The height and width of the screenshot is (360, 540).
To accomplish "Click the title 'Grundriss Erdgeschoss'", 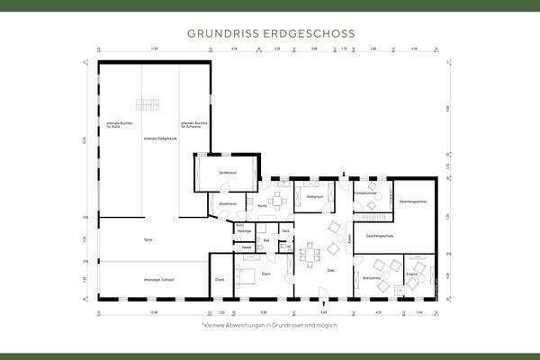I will (270, 33).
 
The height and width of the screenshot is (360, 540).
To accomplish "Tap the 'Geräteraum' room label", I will (228, 172).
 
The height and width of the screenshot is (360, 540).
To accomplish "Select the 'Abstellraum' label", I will (227, 204).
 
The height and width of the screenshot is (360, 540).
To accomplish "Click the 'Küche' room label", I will (262, 207).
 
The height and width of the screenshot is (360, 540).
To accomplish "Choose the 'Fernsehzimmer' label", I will (364, 193).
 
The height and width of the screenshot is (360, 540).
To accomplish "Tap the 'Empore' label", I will (411, 272).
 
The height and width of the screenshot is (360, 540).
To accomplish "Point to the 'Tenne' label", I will (148, 239).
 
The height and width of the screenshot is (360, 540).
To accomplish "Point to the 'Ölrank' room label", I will (220, 280).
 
